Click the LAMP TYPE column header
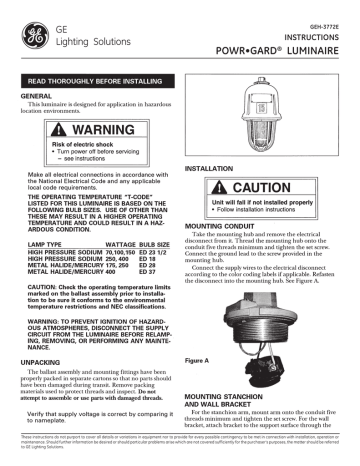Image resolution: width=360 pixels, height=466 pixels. [41, 272]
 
